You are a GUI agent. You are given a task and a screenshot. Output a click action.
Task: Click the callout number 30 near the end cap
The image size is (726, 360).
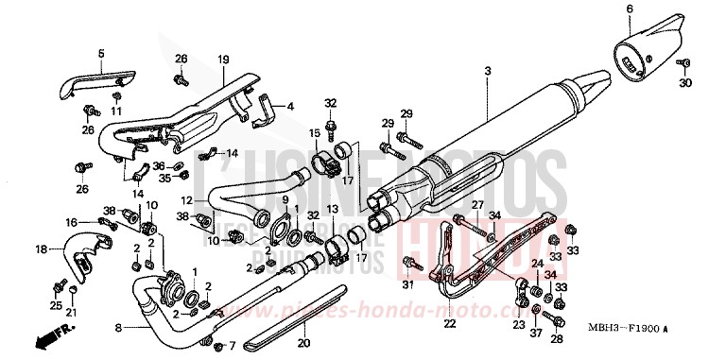686,82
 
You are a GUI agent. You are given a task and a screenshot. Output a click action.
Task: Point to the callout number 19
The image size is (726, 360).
224,60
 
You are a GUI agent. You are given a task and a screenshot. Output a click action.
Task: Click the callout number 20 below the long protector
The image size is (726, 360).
303,342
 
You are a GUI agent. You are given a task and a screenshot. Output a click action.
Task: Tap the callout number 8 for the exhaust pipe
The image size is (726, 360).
117,328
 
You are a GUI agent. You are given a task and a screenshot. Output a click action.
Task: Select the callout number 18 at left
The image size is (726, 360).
41,249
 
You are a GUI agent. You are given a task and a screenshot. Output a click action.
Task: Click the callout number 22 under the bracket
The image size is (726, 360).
449,324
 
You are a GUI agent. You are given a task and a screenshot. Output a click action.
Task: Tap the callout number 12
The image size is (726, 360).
187,200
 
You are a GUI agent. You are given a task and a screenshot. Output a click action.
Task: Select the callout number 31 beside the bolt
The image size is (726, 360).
408,285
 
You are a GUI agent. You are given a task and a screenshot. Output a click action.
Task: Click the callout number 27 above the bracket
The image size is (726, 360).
477,205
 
